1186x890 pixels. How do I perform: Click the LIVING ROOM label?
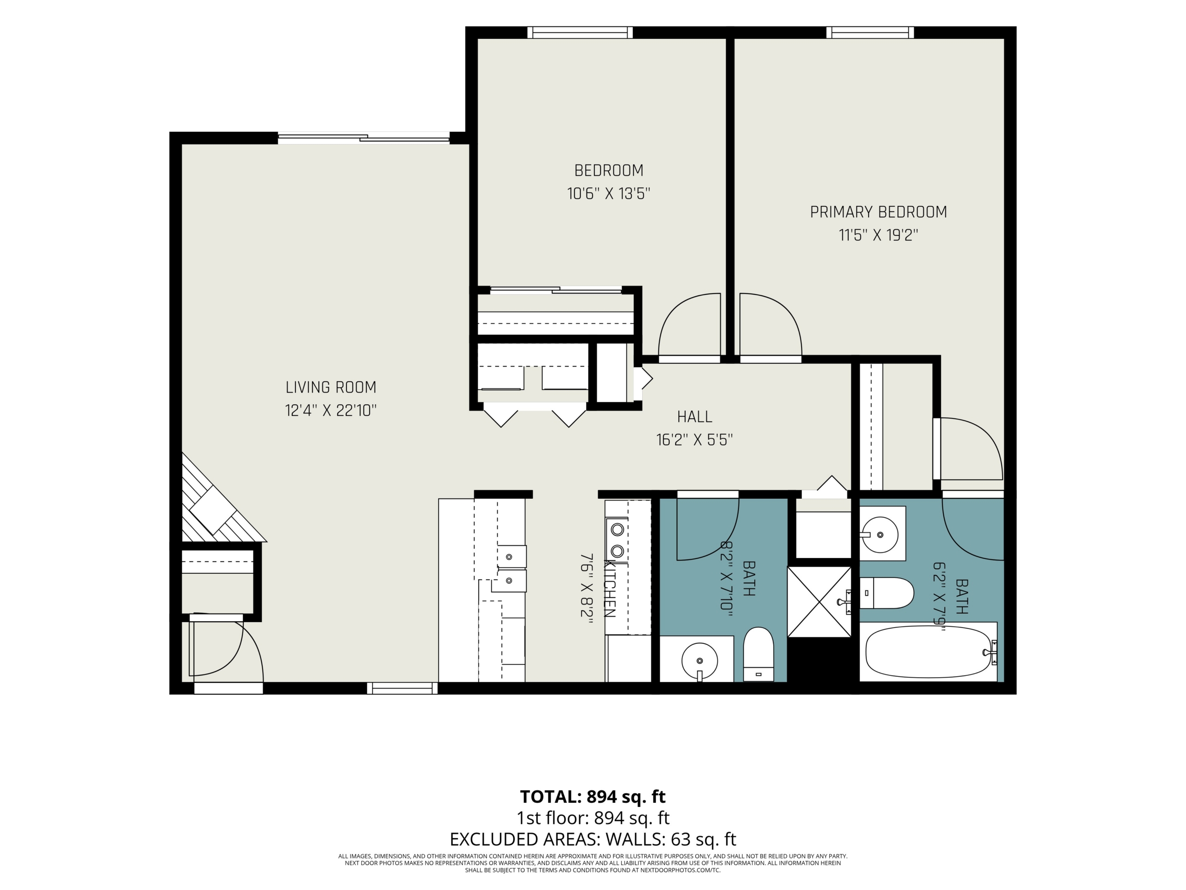pyautogui.click(x=331, y=388)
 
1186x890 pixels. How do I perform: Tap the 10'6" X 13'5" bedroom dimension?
pyautogui.click(x=609, y=193)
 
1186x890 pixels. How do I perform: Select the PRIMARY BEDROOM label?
pyautogui.click(x=878, y=212)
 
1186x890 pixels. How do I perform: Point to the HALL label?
pyautogui.click(x=694, y=417)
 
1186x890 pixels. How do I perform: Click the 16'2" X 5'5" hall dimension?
pyautogui.click(x=694, y=440)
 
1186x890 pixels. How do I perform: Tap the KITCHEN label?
pyautogui.click(x=610, y=589)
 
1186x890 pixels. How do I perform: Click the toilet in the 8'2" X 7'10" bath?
pyautogui.click(x=758, y=654)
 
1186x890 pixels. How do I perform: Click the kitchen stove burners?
pyautogui.click(x=617, y=540)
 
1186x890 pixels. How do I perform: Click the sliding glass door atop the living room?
pyautogui.click(x=364, y=138)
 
